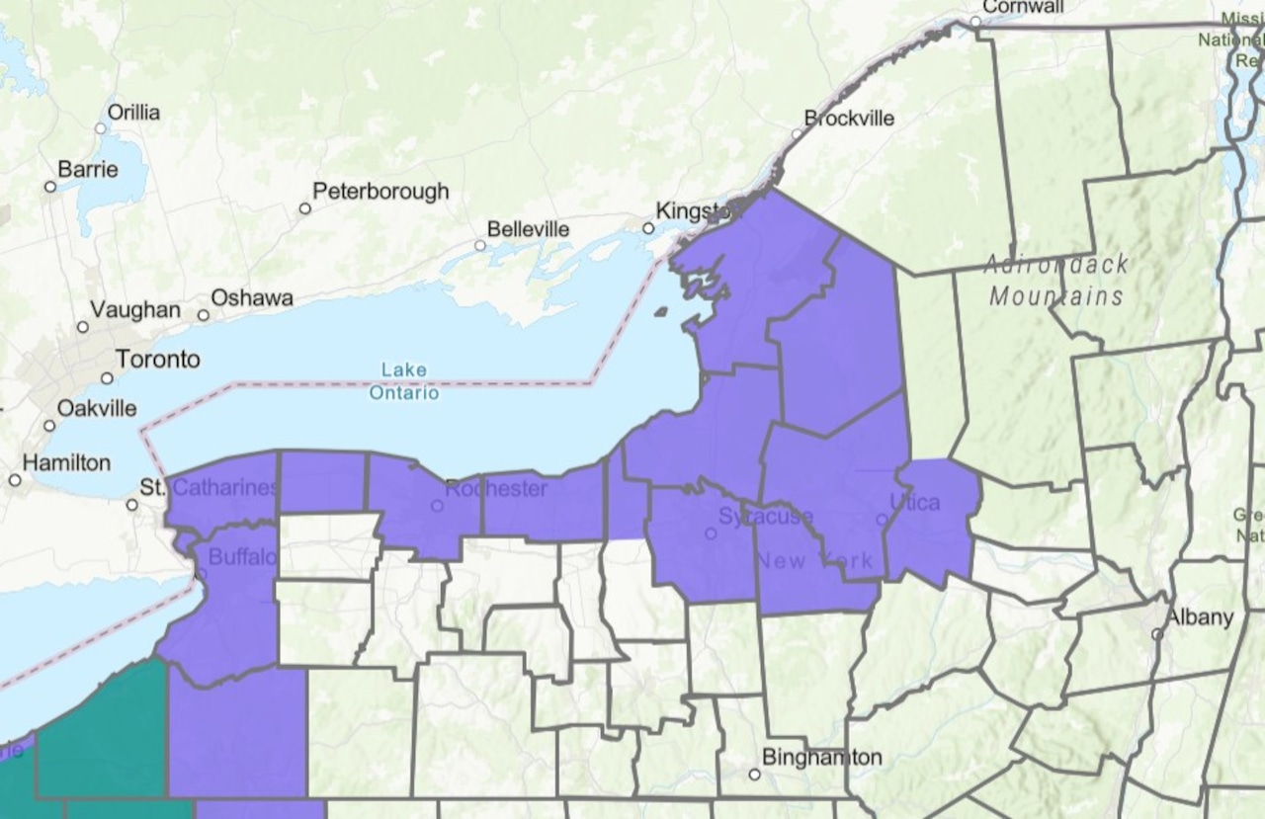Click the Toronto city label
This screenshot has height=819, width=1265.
point(158,359)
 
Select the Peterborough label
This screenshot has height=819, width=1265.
point(380,192)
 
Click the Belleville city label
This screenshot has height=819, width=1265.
point(528,229)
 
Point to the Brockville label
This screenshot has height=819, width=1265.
point(849,119)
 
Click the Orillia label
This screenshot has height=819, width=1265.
point(133,113)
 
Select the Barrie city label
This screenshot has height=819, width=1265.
point(88,170)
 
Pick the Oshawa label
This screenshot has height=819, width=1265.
point(251,298)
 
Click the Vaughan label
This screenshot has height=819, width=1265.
point(135,311)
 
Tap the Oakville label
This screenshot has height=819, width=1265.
point(97,408)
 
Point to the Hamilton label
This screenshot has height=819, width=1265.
point(66,462)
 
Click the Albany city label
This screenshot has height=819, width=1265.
point(1200,617)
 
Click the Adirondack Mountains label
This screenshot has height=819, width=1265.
point(1056,281)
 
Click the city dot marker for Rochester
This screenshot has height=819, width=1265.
point(437,506)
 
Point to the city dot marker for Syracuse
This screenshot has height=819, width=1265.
point(710,533)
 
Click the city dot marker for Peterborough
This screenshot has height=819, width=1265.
point(305,208)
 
